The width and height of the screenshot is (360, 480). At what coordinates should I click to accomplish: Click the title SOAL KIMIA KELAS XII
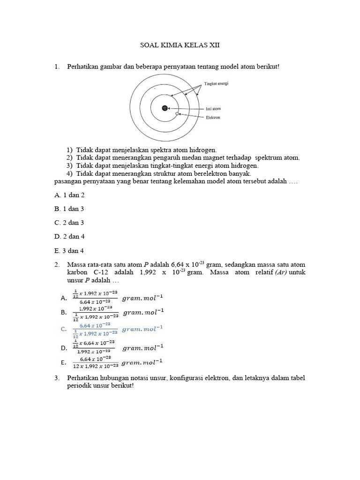coord(180,45)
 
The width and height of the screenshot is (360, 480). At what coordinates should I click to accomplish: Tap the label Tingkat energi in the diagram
coord(216,83)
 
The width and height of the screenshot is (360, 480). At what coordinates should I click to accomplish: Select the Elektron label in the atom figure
coord(213,118)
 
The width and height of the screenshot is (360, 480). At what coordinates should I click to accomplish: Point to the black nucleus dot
coord(165,108)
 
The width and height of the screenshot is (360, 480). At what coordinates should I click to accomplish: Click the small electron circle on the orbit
coord(177,113)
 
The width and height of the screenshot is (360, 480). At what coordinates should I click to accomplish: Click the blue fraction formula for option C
coord(95,330)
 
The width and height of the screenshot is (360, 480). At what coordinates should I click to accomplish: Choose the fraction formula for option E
coord(95,362)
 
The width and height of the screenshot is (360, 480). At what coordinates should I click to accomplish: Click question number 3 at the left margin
coord(57,378)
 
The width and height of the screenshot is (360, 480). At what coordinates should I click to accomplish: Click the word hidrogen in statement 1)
coord(202,150)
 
